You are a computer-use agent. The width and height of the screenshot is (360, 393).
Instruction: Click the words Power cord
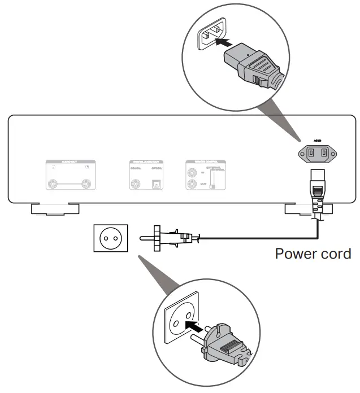click(x=313, y=254)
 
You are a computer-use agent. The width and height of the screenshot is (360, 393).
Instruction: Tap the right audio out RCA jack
click(x=86, y=184)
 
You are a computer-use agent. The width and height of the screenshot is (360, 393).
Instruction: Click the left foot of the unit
click(x=55, y=208)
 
